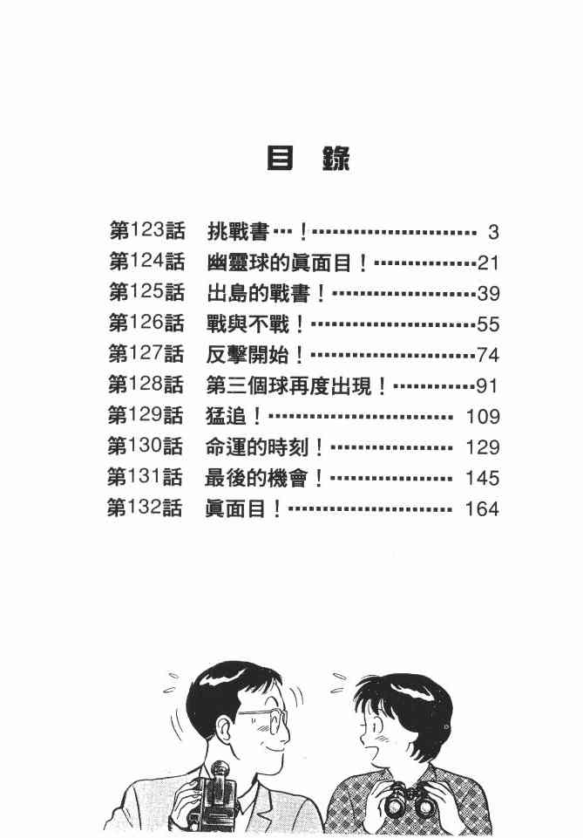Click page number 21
(x=486, y=263)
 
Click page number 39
(x=486, y=294)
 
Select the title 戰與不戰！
(x=256, y=324)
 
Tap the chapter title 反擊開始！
(x=256, y=355)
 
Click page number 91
(x=486, y=385)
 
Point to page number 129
(x=482, y=447)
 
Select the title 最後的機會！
(x=266, y=478)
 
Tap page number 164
(x=482, y=508)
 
